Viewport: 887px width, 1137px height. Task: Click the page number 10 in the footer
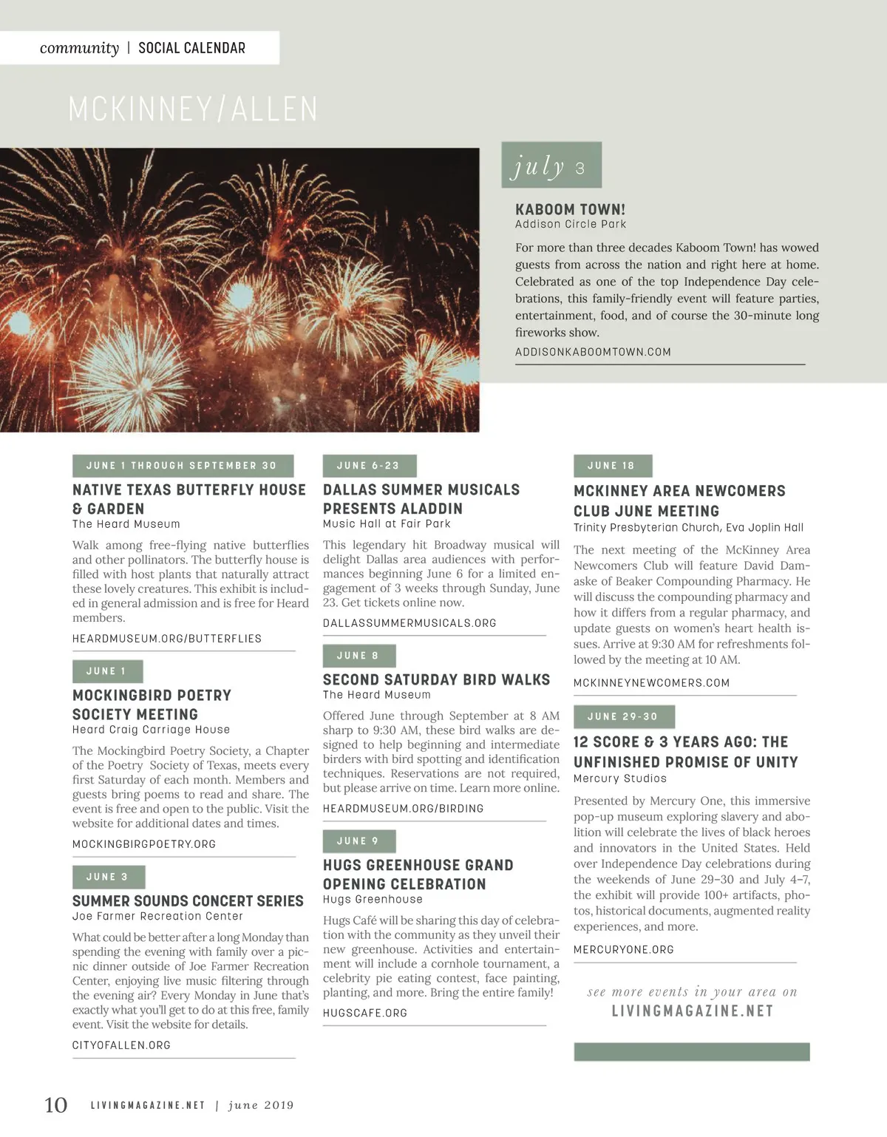coord(55,1104)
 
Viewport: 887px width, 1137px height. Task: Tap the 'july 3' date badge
coord(551,166)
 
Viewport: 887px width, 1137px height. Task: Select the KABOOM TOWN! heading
coord(570,209)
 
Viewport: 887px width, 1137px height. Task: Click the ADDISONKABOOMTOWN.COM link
coord(593,352)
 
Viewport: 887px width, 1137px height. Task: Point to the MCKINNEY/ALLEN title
coord(193,109)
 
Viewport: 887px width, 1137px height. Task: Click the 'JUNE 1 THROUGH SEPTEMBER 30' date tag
coord(183,466)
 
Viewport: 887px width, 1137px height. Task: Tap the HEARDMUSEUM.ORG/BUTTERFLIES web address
coord(167,639)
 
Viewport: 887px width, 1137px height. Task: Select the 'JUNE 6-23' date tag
coord(369,466)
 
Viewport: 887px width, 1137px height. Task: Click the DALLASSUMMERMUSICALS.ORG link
coord(409,623)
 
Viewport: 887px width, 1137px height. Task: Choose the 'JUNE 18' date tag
coord(612,466)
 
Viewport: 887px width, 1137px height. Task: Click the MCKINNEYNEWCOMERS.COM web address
coord(651,683)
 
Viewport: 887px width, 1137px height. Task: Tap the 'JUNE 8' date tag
coord(358,656)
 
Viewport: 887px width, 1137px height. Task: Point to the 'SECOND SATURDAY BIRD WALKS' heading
coord(436,679)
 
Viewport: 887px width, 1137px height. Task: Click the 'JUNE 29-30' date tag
coord(623,716)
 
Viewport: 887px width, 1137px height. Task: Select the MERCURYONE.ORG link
coord(623,949)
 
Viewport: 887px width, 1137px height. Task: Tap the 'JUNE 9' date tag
coord(358,841)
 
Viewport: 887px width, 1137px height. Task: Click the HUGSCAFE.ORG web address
coord(364,1013)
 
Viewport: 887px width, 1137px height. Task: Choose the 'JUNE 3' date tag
coord(108,877)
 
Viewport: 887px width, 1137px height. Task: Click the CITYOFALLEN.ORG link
coord(121,1045)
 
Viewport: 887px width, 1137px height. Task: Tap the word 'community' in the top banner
coord(79,48)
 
